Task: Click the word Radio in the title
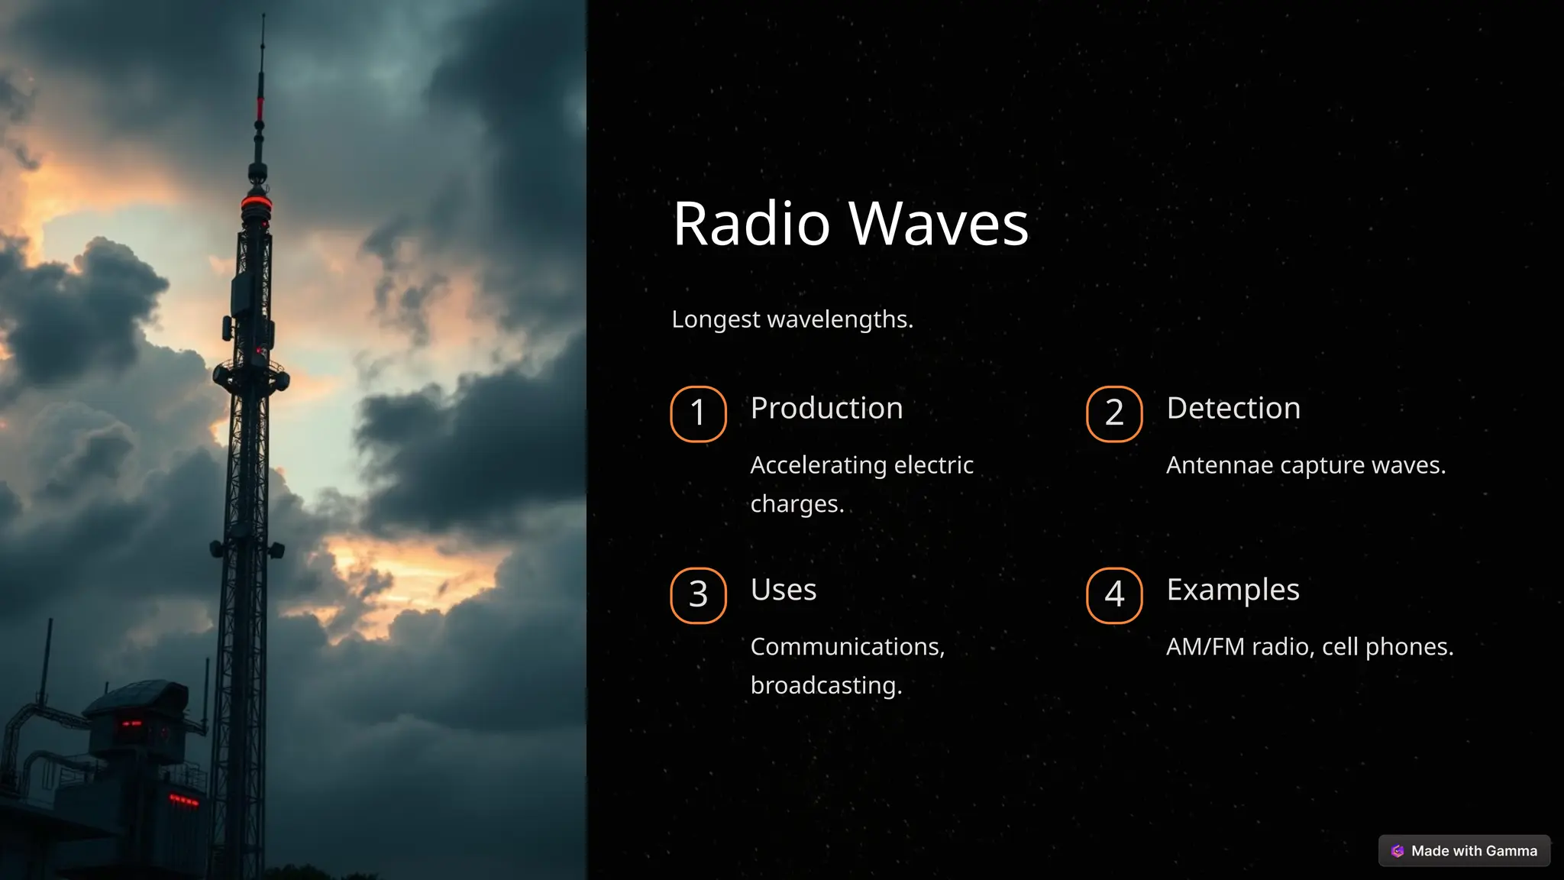[x=751, y=224]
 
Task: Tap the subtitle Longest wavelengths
[x=792, y=319]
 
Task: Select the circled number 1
[x=698, y=413]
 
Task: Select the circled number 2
[x=1114, y=413]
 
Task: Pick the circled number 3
[x=698, y=595]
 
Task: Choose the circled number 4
[x=1114, y=595]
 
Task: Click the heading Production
[x=826, y=408]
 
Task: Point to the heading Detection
[x=1233, y=408]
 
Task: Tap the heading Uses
[x=783, y=590]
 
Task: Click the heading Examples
[x=1233, y=590]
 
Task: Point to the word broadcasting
[x=825, y=685]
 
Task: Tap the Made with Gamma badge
[x=1464, y=851]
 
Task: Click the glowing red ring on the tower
[x=257, y=203]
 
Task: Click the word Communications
[x=847, y=647]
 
